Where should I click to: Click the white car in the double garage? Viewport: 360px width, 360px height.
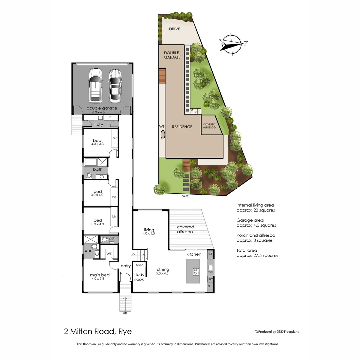pos(95,85)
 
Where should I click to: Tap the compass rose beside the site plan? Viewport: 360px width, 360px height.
pos(231,44)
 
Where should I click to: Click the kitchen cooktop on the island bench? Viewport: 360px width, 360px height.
pos(196,272)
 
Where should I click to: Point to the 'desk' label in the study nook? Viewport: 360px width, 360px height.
pos(139,264)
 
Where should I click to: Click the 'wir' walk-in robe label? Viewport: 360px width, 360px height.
pos(109,254)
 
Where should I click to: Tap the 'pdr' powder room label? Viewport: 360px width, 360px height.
pos(112,239)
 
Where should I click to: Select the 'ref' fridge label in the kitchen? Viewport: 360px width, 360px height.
pos(210,254)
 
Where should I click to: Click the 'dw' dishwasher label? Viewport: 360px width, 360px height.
pos(210,272)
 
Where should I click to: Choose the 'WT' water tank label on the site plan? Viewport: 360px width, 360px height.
pos(162,127)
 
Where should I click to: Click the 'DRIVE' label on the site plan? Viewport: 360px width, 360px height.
pos(174,29)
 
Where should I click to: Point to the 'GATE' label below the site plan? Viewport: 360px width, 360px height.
pos(185,196)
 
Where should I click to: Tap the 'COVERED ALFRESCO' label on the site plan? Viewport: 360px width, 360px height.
pos(209,126)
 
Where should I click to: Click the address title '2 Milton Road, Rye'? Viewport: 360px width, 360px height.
pos(98,331)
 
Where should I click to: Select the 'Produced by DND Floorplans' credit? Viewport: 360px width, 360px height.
pos(277,332)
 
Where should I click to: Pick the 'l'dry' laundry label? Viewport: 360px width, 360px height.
pos(99,124)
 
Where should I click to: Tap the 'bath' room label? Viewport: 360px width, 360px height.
pos(98,169)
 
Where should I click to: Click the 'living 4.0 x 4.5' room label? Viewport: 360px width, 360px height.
pos(149,232)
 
